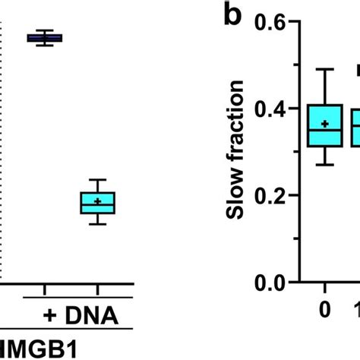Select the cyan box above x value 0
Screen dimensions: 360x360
click(324, 126)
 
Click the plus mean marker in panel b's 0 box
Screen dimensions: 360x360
click(324, 124)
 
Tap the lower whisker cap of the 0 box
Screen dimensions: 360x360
click(324, 165)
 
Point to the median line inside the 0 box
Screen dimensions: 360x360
click(324, 131)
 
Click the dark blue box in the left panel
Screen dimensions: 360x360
click(45, 38)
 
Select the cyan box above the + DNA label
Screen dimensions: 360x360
click(97, 203)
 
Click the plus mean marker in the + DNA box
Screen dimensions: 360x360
click(97, 201)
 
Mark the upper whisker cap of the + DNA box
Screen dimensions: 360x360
click(97, 179)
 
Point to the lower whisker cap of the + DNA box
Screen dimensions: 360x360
click(97, 224)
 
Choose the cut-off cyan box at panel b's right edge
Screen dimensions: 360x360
click(355, 126)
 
